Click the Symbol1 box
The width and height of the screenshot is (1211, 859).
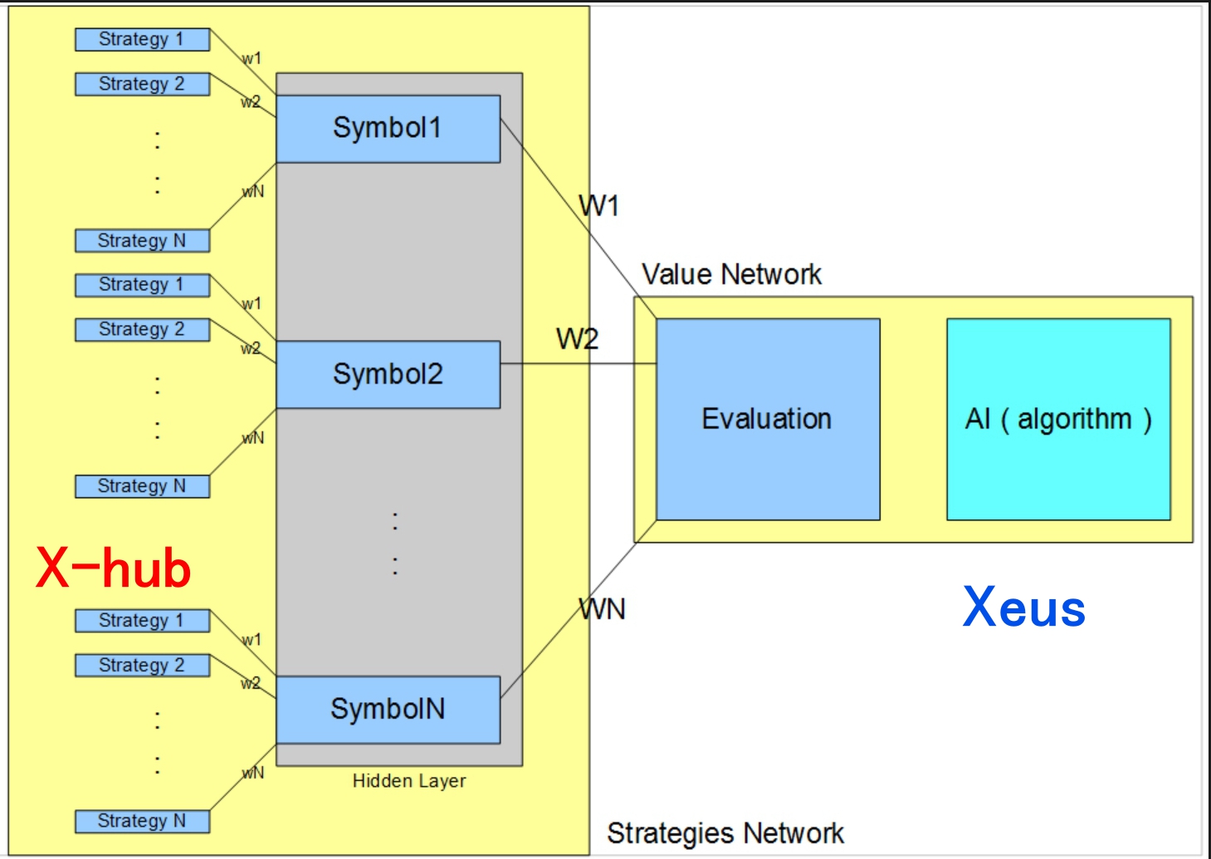click(x=388, y=129)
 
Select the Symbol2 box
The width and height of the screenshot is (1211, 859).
click(x=388, y=374)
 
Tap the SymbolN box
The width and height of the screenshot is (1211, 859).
click(x=388, y=710)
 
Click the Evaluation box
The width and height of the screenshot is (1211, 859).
click(x=767, y=419)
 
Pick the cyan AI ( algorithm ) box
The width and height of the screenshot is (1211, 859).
click(x=1058, y=419)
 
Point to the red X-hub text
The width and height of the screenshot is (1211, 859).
click(x=114, y=569)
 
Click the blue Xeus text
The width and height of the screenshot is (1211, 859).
click(x=1024, y=608)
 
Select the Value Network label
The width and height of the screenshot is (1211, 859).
click(x=731, y=274)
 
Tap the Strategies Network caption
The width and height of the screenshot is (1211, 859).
click(x=725, y=832)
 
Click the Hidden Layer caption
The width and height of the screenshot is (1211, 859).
click(x=409, y=781)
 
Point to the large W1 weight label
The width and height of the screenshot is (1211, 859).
click(x=599, y=206)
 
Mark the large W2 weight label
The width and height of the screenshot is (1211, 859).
click(x=577, y=339)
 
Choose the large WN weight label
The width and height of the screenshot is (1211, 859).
click(x=603, y=609)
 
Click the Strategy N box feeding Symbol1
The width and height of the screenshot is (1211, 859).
click(x=142, y=241)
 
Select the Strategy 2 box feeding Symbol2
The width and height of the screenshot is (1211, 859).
click(x=142, y=329)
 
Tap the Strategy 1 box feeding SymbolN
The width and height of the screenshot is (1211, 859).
click(x=142, y=621)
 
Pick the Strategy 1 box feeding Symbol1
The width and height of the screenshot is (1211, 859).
click(x=142, y=39)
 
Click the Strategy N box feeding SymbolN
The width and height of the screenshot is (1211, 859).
click(x=142, y=821)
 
